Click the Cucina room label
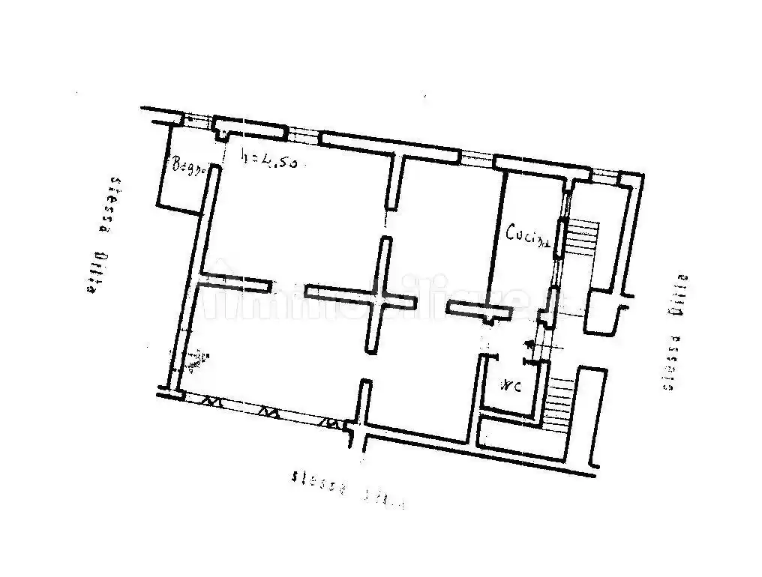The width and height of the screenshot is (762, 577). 528,235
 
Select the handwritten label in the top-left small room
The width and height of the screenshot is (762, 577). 188,166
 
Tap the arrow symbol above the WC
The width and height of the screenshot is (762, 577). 529,345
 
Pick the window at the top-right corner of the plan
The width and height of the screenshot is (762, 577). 604,177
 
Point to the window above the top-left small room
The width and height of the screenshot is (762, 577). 197,119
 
